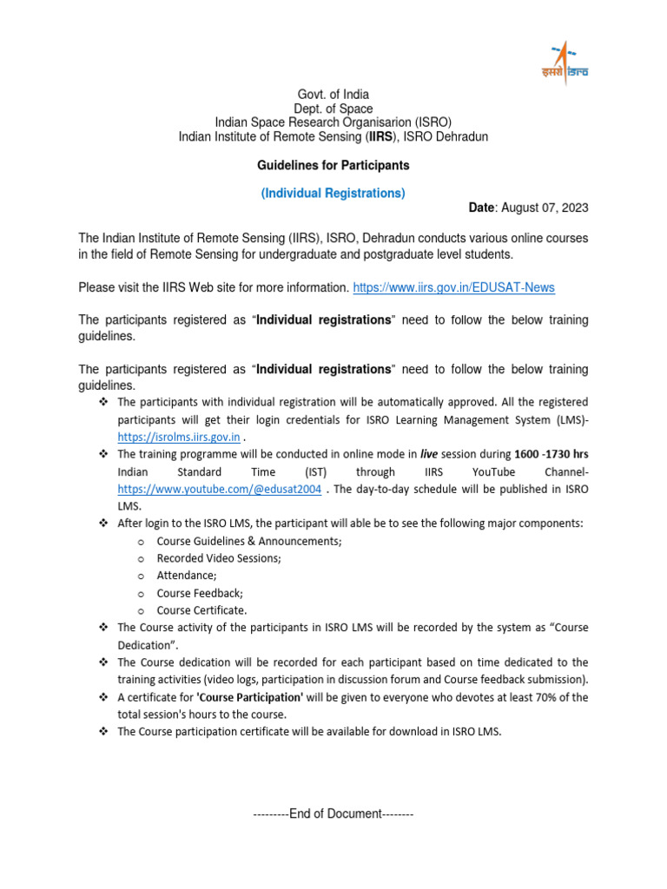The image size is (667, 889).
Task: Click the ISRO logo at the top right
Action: [x=567, y=63]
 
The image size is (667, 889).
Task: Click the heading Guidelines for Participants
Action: [x=333, y=165]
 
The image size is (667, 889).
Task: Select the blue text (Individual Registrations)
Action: [x=333, y=193]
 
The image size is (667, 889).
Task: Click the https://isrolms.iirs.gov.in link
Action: [x=178, y=437]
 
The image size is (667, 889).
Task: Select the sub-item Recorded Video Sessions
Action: [x=218, y=558]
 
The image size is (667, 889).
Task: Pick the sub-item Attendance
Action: [x=187, y=576]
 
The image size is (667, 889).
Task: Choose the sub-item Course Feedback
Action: [x=200, y=593]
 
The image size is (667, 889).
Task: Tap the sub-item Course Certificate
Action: [x=201, y=610]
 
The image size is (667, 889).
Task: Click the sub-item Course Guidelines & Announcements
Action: [x=249, y=541]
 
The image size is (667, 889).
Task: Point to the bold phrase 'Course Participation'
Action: [x=250, y=697]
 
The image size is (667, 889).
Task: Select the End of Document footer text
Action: [x=333, y=814]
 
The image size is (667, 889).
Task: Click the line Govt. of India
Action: [x=333, y=95]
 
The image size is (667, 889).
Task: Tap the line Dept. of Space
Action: [x=333, y=109]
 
